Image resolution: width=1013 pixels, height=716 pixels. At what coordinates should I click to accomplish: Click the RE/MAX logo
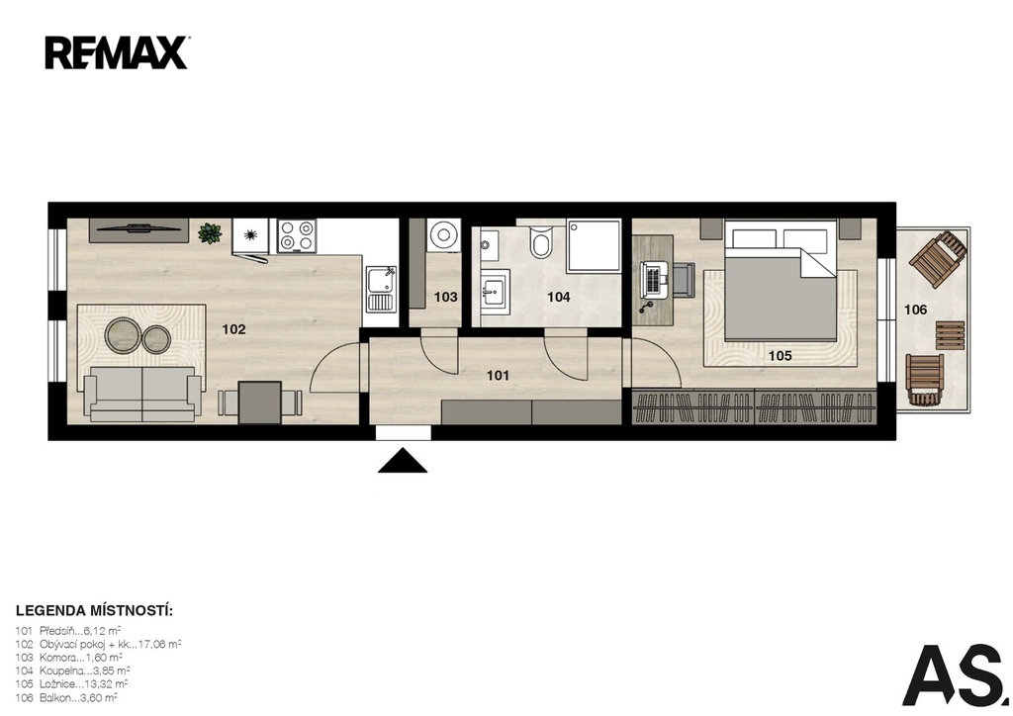tap(117, 53)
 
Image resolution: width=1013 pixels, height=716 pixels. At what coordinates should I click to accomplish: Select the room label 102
tap(233, 329)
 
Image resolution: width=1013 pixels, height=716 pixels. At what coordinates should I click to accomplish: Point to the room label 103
tap(446, 297)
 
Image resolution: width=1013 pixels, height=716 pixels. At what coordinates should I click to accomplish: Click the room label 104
tap(559, 297)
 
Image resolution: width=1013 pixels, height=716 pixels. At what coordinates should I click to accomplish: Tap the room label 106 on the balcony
tap(915, 310)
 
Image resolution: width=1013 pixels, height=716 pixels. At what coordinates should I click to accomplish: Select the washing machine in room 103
tap(444, 234)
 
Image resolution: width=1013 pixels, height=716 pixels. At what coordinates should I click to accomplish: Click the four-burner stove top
tap(297, 235)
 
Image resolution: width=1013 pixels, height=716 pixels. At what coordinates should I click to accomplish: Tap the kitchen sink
tap(381, 288)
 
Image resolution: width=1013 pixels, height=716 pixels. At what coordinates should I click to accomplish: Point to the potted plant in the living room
tap(210, 233)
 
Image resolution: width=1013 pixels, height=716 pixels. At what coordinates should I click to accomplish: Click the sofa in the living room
tap(142, 394)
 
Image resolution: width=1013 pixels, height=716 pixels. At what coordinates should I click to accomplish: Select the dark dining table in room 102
tap(260, 403)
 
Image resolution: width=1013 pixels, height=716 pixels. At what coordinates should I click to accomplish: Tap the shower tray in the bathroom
tap(594, 246)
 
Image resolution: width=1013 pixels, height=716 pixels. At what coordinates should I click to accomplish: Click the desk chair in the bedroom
tap(682, 280)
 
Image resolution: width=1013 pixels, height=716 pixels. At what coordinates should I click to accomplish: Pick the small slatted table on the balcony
tap(950, 335)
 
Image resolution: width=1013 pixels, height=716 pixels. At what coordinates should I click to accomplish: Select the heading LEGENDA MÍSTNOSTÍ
tap(94, 611)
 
